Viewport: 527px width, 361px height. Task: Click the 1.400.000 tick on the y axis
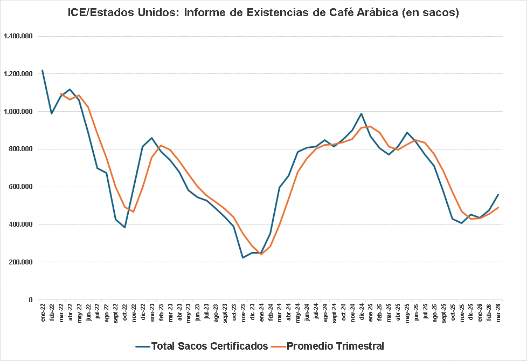18,36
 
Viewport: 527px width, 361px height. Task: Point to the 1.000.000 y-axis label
18,112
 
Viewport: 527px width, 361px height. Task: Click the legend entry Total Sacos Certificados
202,346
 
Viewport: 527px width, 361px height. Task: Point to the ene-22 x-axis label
43,314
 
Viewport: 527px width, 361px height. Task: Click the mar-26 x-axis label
498,314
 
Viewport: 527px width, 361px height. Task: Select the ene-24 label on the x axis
261,314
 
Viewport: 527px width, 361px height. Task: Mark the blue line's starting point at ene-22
43,70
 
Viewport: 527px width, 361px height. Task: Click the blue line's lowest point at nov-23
243,257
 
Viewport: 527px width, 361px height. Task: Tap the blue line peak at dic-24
362,113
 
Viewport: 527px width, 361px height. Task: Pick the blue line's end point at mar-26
498,194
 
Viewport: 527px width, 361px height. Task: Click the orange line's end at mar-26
498,207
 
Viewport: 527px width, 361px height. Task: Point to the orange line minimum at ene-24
261,254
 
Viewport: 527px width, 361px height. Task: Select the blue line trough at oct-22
124,227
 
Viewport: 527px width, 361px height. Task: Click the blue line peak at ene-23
152,138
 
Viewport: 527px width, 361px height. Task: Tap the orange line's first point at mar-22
61,93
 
